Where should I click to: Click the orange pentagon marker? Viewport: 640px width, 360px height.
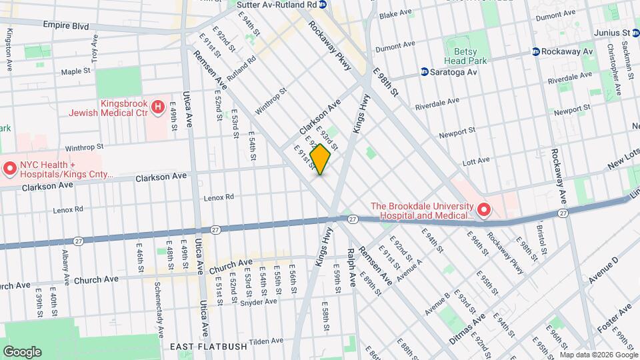pyautogui.click(x=321, y=160)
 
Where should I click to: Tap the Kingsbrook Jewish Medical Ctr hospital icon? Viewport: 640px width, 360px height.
pyautogui.click(x=158, y=106)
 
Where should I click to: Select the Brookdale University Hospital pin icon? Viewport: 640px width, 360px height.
pyautogui.click(x=483, y=211)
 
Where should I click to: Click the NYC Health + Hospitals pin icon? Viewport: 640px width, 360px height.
pyautogui.click(x=10, y=169)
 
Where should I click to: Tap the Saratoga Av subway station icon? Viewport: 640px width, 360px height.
pyautogui.click(x=424, y=72)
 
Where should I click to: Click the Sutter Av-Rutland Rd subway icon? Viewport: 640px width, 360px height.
pyautogui.click(x=323, y=5)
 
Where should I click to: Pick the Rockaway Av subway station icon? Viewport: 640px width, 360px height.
pyautogui.click(x=535, y=51)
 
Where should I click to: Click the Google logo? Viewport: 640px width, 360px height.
pyautogui.click(x=22, y=351)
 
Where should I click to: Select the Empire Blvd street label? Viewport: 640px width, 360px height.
pyautogui.click(x=65, y=25)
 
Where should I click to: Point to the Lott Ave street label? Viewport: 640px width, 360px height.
pyautogui.click(x=476, y=160)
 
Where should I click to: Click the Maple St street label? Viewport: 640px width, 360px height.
pyautogui.click(x=75, y=71)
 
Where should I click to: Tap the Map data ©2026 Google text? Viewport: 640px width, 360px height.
pyautogui.click(x=598, y=354)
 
